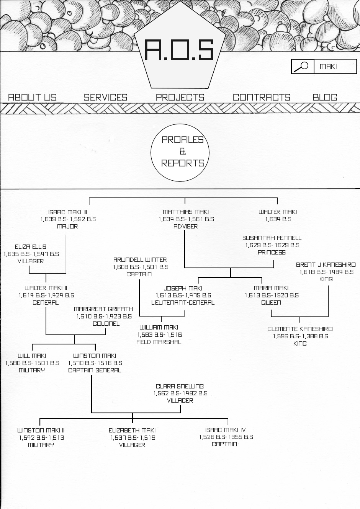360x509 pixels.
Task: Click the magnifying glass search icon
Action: tap(303, 67)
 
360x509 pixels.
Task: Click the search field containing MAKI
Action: tap(335, 67)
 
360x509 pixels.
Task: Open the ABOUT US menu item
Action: tap(32, 97)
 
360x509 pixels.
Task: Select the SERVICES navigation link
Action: tap(105, 97)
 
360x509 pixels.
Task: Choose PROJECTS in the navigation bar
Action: tap(180, 97)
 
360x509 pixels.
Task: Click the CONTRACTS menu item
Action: tap(262, 97)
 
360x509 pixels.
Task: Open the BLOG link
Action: tap(325, 97)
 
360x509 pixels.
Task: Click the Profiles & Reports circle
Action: tap(182, 152)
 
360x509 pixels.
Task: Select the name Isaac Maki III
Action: tap(67, 212)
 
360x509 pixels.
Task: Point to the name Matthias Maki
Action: tap(186, 212)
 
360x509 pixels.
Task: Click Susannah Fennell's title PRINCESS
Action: tap(272, 253)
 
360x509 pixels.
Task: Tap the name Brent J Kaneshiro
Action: tap(326, 264)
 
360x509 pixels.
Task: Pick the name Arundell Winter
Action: tap(140, 259)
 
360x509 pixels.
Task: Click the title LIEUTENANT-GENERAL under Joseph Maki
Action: tap(183, 303)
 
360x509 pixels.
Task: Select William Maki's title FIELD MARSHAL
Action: tap(159, 342)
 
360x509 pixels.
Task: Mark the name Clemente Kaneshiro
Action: tap(300, 329)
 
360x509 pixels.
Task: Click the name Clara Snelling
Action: tap(180, 386)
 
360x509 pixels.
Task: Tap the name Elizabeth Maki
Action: tap(132, 430)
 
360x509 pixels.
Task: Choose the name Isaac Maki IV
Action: tap(225, 430)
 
